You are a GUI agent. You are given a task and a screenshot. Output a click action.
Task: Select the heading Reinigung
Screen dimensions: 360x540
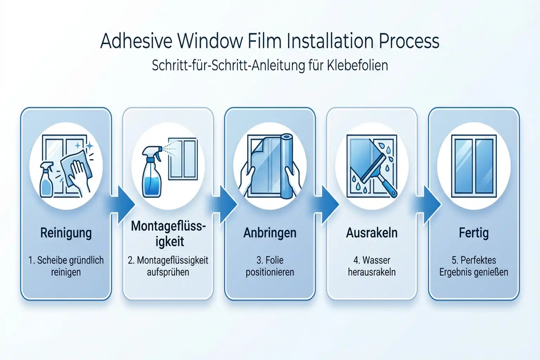(66, 233)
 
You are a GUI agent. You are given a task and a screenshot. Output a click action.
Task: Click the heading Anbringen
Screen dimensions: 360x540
(270, 233)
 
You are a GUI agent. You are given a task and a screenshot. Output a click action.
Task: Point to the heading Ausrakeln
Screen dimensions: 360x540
(372, 233)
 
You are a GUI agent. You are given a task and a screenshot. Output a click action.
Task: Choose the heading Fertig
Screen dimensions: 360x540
(474, 233)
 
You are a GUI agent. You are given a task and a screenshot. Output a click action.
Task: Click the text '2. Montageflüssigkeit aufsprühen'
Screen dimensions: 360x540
(168, 266)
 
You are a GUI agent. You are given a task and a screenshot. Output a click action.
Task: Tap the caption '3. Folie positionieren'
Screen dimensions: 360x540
(270, 266)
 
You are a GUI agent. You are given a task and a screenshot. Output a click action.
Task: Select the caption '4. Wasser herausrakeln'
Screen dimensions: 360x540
(372, 266)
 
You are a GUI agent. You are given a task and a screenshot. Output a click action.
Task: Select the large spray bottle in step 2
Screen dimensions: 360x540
(152, 176)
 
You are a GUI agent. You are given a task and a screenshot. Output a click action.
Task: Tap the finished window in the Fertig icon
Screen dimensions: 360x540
(474, 165)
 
